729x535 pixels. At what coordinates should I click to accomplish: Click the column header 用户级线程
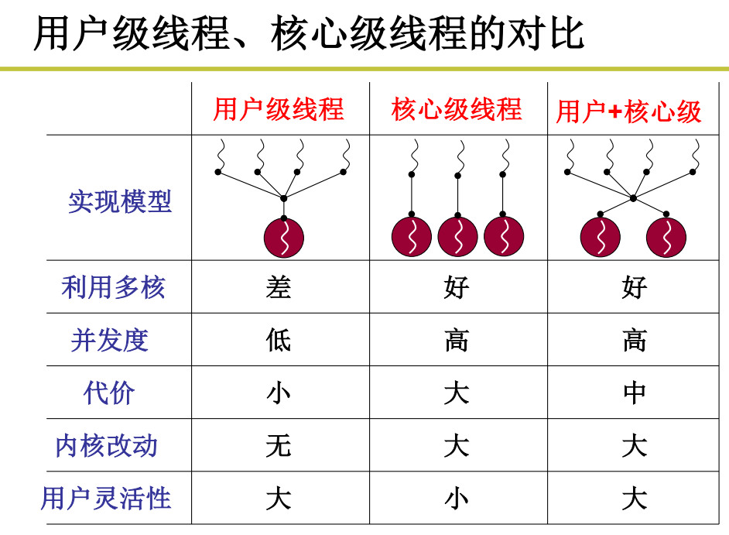[x=279, y=109]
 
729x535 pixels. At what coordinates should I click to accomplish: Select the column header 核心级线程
[x=457, y=109]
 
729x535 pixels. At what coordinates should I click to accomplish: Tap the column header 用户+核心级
[x=628, y=111]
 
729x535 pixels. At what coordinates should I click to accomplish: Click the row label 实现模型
[x=120, y=202]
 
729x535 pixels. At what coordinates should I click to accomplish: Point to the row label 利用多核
[x=114, y=288]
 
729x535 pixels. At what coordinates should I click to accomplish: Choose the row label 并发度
[x=109, y=341]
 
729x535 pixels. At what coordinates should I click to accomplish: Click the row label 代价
[x=109, y=393]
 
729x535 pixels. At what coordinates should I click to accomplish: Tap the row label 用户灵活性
[x=106, y=499]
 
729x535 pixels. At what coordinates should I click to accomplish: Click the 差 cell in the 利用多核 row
[x=279, y=288]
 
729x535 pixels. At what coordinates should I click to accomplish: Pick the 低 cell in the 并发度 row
[x=279, y=341]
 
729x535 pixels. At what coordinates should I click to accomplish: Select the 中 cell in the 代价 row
[x=635, y=393]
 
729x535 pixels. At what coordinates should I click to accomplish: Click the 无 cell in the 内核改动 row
[x=279, y=446]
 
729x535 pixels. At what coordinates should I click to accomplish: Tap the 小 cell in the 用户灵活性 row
[x=457, y=499]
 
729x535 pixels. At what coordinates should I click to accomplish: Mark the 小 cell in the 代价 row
[x=279, y=393]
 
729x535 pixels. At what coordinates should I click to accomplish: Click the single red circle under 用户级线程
[x=284, y=238]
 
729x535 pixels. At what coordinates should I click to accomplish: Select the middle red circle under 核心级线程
[x=457, y=237]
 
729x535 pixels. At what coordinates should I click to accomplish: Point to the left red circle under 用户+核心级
[x=600, y=237]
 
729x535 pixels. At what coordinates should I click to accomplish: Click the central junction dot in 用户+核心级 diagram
[x=633, y=198]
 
